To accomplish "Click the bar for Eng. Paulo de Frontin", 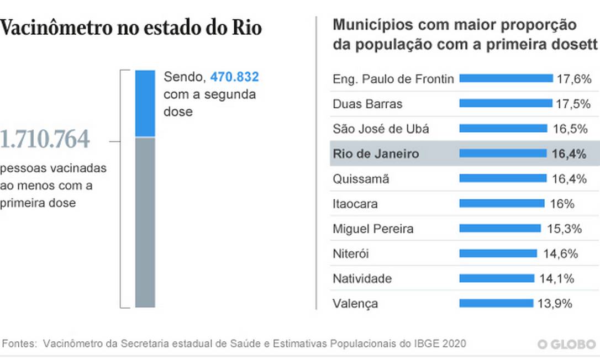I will (x=506, y=78).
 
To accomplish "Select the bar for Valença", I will (x=496, y=303).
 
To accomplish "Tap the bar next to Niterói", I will (x=498, y=253).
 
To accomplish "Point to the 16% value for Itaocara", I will (x=562, y=204).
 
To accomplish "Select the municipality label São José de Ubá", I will (x=381, y=129).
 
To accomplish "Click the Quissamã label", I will (x=361, y=179).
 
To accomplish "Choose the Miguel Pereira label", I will (x=373, y=229).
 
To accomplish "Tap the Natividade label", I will (x=362, y=278).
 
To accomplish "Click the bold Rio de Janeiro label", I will (x=376, y=154).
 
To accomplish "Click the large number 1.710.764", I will (x=44, y=140).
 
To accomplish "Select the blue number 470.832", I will (x=234, y=77).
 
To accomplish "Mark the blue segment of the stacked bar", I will (x=145, y=103).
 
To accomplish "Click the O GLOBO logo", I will (x=566, y=344).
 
